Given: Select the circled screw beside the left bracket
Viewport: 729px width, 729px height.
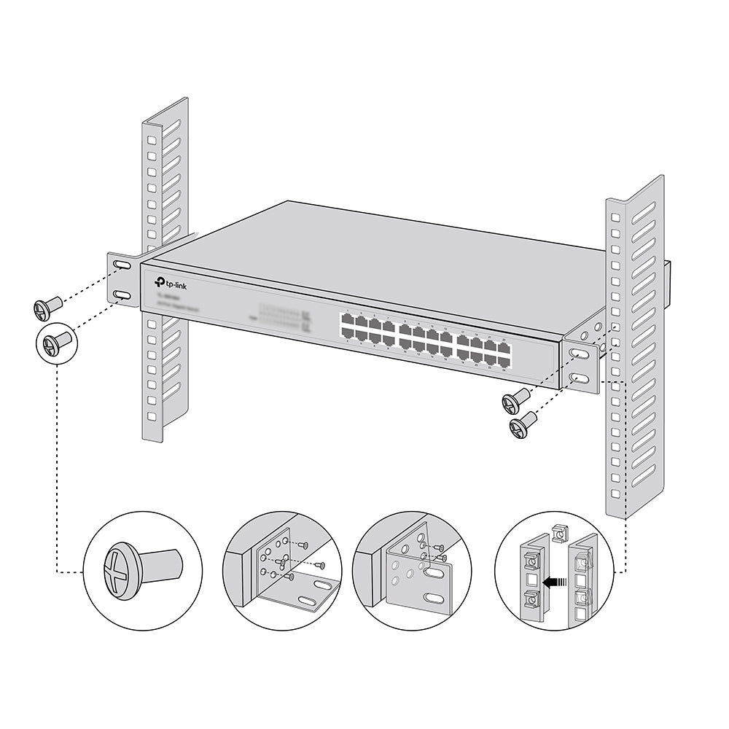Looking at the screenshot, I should pyautogui.click(x=54, y=341).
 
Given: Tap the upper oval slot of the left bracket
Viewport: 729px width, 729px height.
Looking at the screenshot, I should pyautogui.click(x=122, y=268).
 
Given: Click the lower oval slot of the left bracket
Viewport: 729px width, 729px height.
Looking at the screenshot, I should pyautogui.click(x=122, y=295).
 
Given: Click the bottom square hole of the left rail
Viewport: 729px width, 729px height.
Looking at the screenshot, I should pyautogui.click(x=152, y=416).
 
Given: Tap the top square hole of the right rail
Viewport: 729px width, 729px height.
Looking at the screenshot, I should pyautogui.click(x=615, y=217).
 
